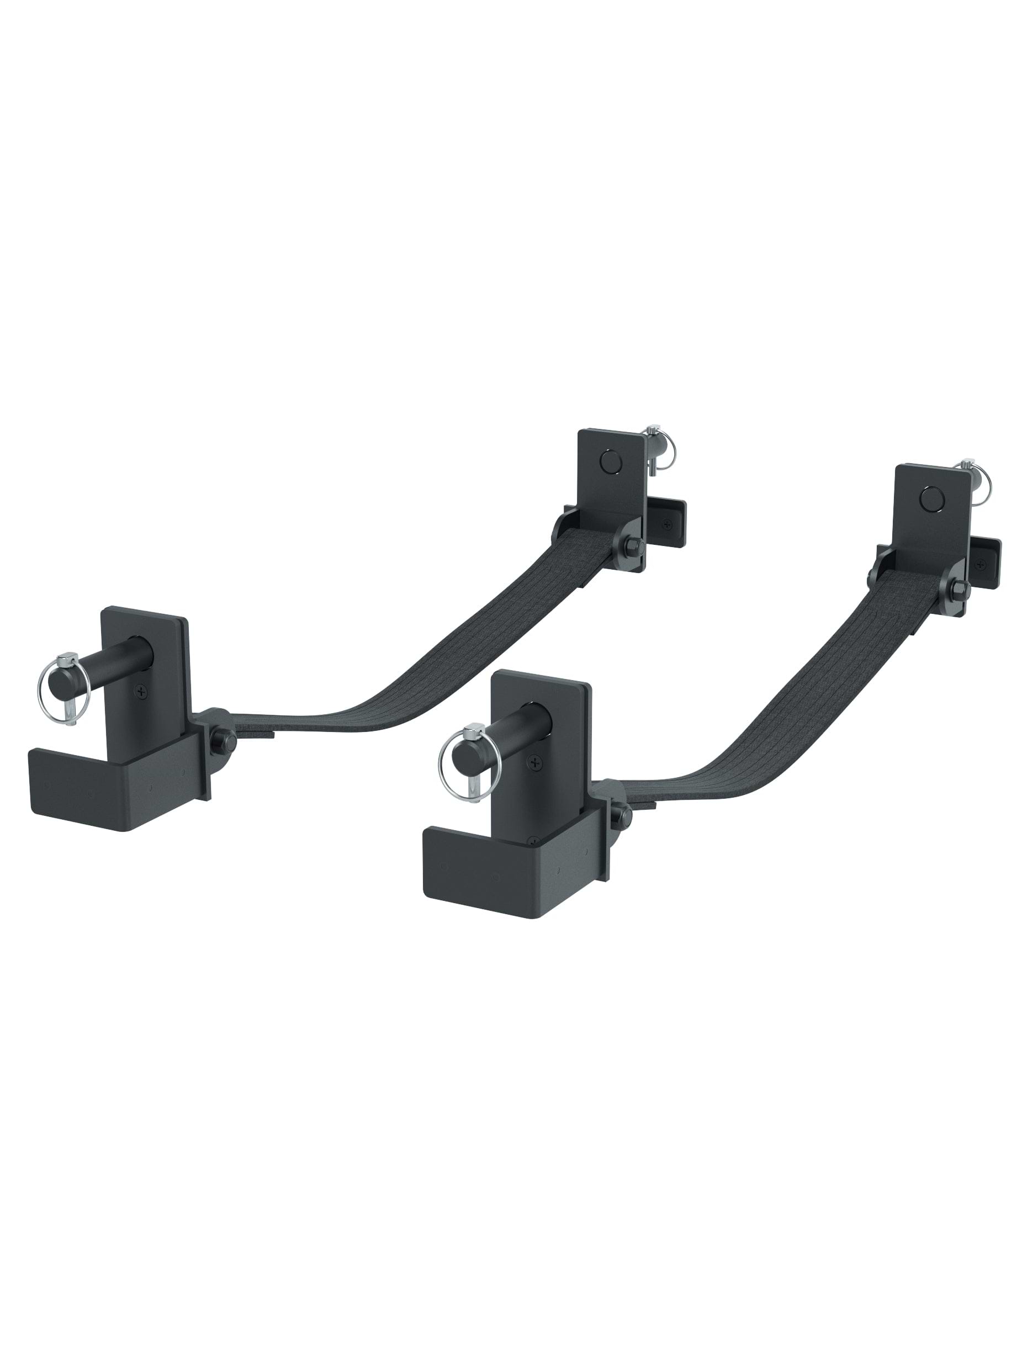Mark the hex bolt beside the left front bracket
coord(220,740)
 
